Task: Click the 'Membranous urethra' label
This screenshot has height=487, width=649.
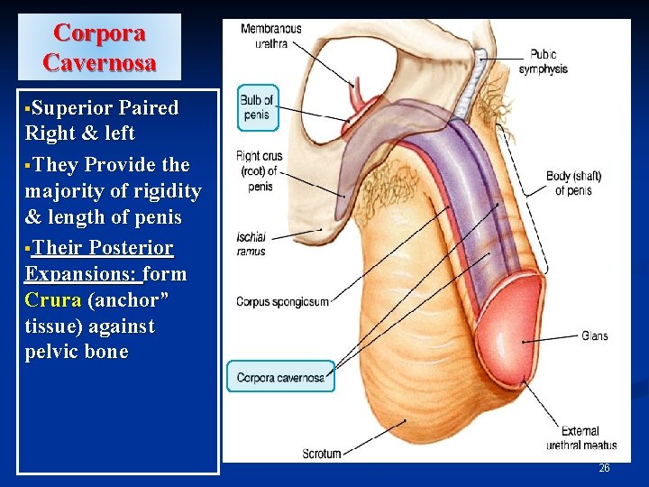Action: coord(271,35)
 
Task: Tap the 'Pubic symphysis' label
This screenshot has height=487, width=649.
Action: coord(548,61)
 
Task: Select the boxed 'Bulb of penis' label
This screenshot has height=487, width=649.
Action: coord(256,107)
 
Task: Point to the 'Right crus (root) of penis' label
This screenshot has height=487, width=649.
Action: coord(259,170)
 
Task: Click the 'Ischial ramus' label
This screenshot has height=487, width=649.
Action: coord(251,244)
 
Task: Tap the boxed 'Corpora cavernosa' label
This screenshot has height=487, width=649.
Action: coord(280,377)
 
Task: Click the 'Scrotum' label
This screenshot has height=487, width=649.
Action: coord(322,453)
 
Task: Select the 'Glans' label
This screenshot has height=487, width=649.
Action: coord(594,335)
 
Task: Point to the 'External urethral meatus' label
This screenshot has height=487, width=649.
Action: coord(581,437)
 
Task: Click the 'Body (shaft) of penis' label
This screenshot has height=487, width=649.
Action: coord(573,182)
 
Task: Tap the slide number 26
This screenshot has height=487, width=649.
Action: coord(604,468)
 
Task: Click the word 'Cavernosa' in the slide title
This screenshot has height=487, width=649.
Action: coord(100,63)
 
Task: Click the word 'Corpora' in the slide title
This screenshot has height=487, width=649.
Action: coord(99,32)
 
